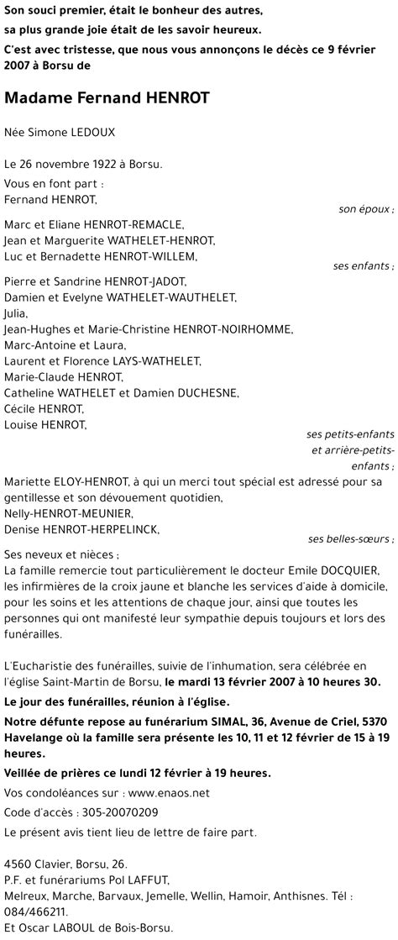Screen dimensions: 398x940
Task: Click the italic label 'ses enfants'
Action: click(364, 266)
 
